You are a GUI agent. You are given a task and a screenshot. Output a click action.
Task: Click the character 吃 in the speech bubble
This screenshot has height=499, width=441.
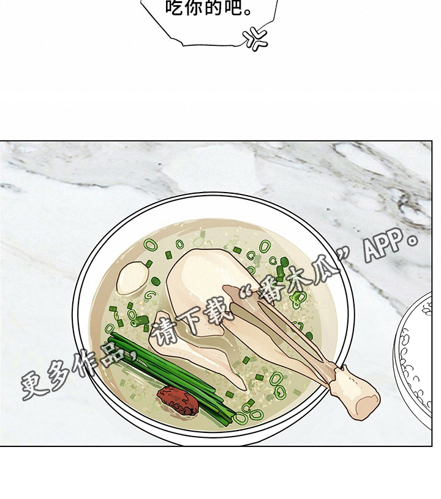pos(175,7)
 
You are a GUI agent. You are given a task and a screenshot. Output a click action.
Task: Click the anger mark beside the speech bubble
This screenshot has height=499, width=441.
pos(255,39)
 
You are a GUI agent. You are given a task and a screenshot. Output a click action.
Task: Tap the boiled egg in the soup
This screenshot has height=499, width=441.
pos(132,278)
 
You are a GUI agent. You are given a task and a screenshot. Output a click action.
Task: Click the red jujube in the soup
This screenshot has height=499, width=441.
pos(178,401)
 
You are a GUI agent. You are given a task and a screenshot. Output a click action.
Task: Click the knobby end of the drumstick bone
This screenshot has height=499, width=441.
pos(354,393)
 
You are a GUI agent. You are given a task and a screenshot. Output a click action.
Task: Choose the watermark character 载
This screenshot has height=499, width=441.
pos(219,310)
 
